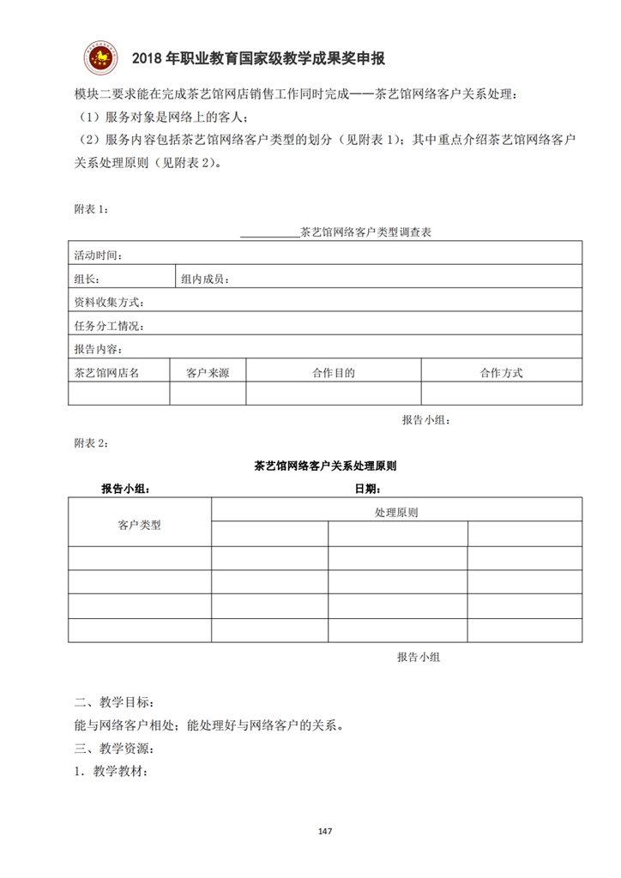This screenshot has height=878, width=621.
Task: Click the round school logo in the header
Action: [x=100, y=57]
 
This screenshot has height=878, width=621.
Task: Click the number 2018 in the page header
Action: [x=148, y=58]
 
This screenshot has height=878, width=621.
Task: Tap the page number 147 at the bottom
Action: [x=324, y=831]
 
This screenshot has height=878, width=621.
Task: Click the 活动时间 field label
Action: [x=98, y=256]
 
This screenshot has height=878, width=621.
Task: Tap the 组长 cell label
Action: [x=87, y=279]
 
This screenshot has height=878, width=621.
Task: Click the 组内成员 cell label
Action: [x=204, y=279]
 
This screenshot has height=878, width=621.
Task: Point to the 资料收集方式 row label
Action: [x=109, y=302]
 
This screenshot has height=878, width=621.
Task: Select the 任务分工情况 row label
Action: [x=109, y=326]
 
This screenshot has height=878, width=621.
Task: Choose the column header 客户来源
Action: [x=208, y=372]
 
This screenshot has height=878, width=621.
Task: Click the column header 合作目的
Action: [x=334, y=372]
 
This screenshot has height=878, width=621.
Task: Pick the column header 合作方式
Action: [x=501, y=372]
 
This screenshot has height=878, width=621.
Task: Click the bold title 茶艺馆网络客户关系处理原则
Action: [x=325, y=466]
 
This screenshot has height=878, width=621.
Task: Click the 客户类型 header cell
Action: [x=139, y=524]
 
